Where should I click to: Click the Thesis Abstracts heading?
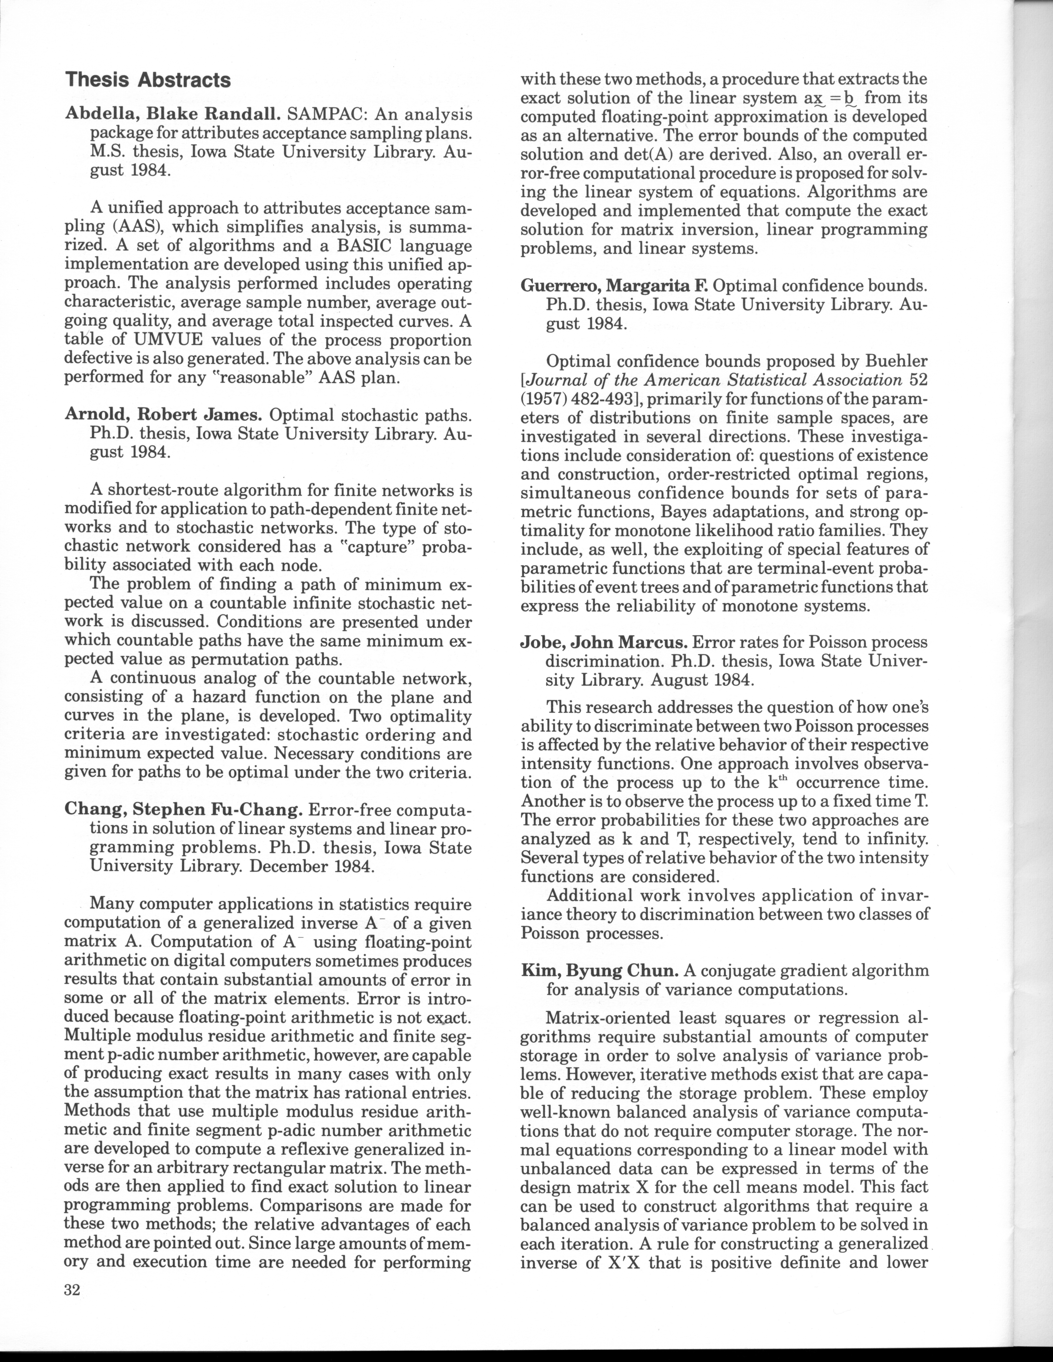148,80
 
